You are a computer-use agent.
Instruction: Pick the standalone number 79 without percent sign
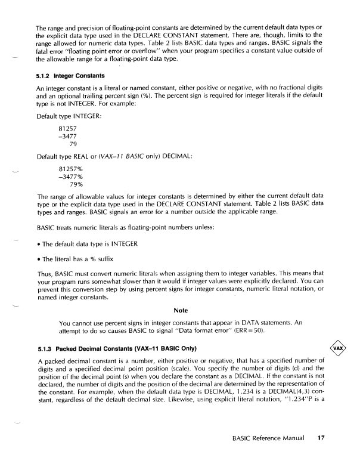click(x=74, y=144)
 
